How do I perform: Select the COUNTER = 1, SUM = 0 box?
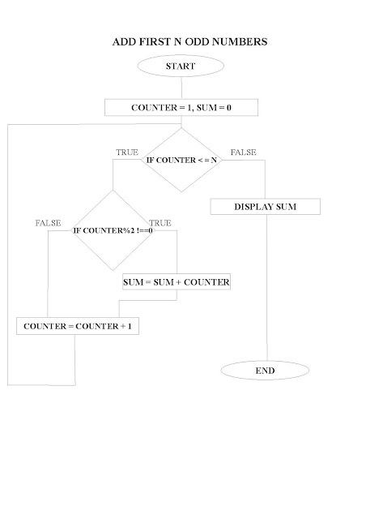(181, 107)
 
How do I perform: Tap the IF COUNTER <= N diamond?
(181, 161)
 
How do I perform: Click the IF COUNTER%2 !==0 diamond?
(113, 230)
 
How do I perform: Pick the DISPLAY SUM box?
(265, 207)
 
